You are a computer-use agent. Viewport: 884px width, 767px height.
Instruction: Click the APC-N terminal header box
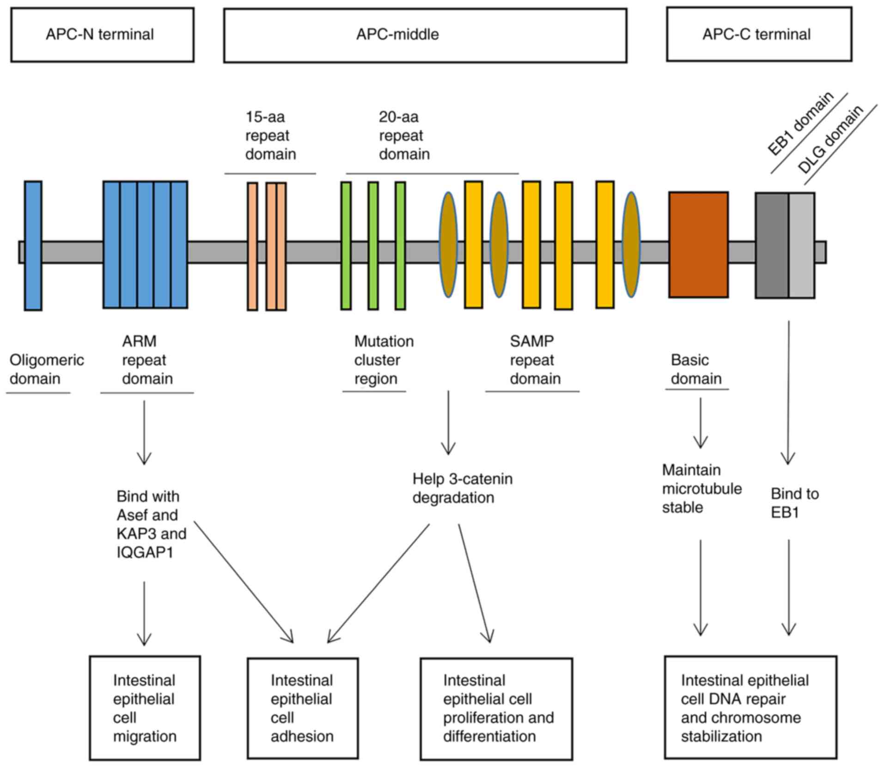click(102, 35)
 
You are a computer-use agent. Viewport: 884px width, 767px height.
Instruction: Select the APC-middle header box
click(425, 35)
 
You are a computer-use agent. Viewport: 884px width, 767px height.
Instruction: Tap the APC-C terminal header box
click(759, 34)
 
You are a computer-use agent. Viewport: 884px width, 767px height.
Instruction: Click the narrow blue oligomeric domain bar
click(33, 245)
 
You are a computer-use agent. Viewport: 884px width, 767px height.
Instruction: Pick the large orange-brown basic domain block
click(698, 244)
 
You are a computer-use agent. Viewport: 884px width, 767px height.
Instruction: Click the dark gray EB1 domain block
click(772, 245)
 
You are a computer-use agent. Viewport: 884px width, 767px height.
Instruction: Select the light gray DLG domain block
click(802, 245)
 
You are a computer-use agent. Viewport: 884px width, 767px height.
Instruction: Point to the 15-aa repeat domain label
click(270, 135)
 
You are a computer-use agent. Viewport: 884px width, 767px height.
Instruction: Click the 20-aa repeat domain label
click(404, 135)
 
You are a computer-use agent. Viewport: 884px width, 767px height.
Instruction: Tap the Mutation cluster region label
click(383, 360)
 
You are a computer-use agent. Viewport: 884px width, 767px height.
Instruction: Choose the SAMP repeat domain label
click(535, 360)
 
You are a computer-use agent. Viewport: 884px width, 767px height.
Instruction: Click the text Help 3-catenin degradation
click(462, 488)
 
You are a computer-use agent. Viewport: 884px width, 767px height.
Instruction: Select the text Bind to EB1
click(794, 503)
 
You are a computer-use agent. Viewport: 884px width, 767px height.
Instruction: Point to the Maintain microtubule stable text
click(701, 488)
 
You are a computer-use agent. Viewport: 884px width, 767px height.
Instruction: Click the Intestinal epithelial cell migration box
click(145, 707)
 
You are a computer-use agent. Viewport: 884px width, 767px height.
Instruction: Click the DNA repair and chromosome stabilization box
click(750, 707)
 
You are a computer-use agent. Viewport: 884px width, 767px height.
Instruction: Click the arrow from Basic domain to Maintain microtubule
click(701, 422)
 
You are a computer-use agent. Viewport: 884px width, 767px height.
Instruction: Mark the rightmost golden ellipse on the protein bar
click(631, 244)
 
